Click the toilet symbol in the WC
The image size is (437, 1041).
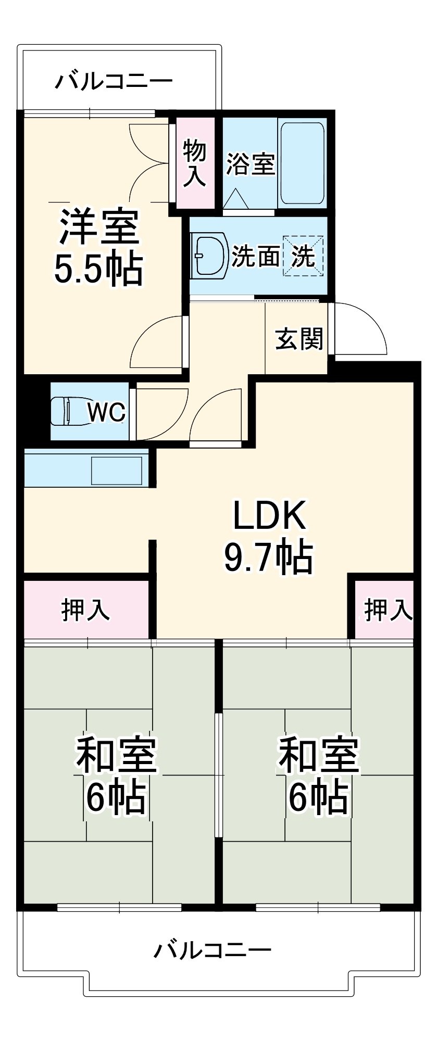(x=65, y=411)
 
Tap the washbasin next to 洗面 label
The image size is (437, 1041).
(x=209, y=255)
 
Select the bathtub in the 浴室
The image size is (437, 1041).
(x=302, y=163)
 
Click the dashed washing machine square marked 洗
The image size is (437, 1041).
(x=303, y=256)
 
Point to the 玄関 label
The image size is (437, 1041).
(x=299, y=339)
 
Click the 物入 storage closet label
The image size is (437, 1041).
(x=194, y=163)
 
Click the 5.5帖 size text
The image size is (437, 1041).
(x=98, y=269)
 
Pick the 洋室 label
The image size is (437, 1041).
(x=99, y=227)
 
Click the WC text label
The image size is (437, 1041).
(x=106, y=412)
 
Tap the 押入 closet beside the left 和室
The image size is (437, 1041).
(x=86, y=609)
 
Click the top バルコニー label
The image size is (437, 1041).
(x=114, y=82)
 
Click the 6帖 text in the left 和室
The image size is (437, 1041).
(x=116, y=797)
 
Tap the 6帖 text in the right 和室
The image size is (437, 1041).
(x=318, y=797)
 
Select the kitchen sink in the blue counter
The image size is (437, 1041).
(x=117, y=471)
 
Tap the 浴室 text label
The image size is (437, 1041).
(x=251, y=164)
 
